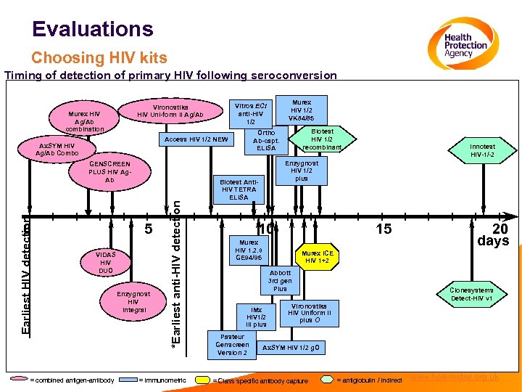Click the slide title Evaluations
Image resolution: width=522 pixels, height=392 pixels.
(93, 29)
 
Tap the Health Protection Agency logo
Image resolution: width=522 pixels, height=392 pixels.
(464, 45)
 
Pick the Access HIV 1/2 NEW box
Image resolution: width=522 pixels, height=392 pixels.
(196, 139)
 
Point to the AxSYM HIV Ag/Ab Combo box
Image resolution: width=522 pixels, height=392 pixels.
(57, 150)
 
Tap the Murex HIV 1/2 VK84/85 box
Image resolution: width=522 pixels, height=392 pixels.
(301, 109)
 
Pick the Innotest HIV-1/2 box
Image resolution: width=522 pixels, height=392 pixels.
(482, 150)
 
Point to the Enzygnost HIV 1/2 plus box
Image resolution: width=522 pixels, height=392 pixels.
(301, 171)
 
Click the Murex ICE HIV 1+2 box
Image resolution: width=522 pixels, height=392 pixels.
(317, 256)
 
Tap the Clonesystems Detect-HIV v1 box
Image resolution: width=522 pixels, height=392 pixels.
(472, 294)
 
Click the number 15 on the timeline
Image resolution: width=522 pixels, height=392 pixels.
(384, 229)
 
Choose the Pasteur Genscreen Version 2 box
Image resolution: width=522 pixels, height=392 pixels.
(231, 344)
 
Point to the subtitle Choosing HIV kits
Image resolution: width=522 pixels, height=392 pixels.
(99, 57)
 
